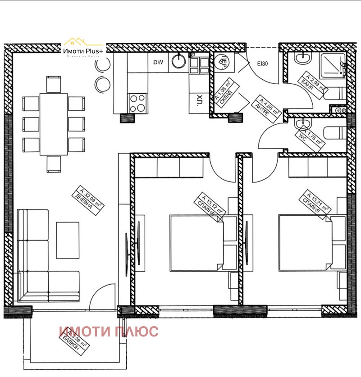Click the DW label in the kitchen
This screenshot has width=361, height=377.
(158, 63)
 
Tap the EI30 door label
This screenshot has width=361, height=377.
(263, 64)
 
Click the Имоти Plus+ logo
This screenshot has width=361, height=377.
(83, 51)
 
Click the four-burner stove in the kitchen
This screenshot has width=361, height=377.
(137, 103)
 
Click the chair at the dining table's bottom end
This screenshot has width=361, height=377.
(54, 164)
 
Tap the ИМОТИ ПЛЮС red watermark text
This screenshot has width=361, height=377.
(109, 332)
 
